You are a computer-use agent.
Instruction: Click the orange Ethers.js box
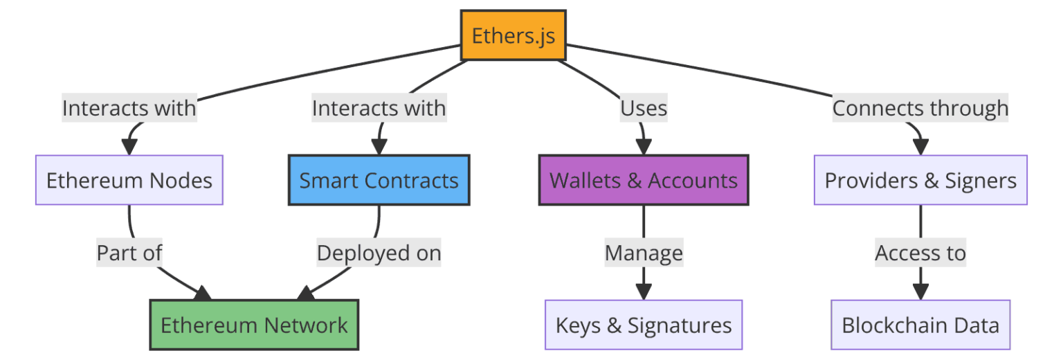[514, 35]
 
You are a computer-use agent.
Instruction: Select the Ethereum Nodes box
[129, 180]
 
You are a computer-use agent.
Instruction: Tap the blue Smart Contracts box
[379, 180]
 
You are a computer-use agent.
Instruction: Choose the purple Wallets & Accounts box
[644, 180]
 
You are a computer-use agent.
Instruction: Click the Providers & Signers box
[920, 180]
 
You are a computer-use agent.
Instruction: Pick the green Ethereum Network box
[254, 325]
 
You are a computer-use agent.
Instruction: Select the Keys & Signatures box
[644, 325]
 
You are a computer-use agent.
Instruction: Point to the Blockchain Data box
[920, 325]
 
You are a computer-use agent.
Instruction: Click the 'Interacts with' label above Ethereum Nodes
[129, 108]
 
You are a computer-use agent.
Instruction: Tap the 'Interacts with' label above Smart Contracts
[379, 108]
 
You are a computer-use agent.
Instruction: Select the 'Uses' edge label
[644, 108]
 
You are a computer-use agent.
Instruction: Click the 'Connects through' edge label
[920, 108]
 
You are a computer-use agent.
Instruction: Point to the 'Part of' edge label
[129, 253]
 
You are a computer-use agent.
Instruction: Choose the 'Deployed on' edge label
[379, 253]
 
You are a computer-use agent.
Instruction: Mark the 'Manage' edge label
[644, 253]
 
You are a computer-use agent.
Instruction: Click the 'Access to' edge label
[920, 253]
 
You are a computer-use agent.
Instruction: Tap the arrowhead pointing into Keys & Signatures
[644, 291]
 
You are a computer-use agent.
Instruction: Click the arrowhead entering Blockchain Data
[920, 291]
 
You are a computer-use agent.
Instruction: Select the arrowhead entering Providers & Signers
[920, 147]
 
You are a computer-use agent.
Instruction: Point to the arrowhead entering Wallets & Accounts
[644, 147]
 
